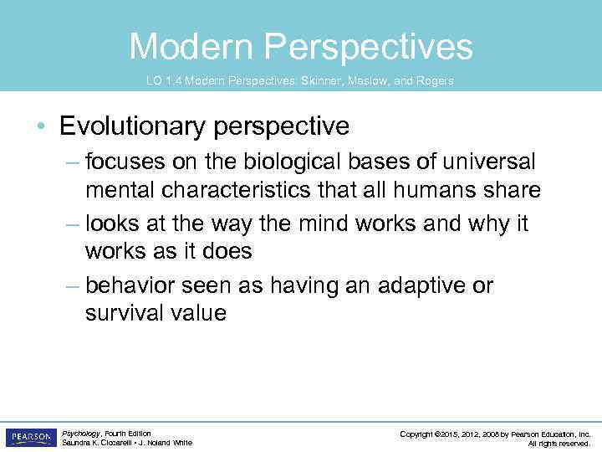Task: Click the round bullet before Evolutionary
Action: (x=41, y=127)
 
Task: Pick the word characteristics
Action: (x=223, y=190)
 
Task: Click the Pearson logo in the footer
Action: (x=31, y=437)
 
